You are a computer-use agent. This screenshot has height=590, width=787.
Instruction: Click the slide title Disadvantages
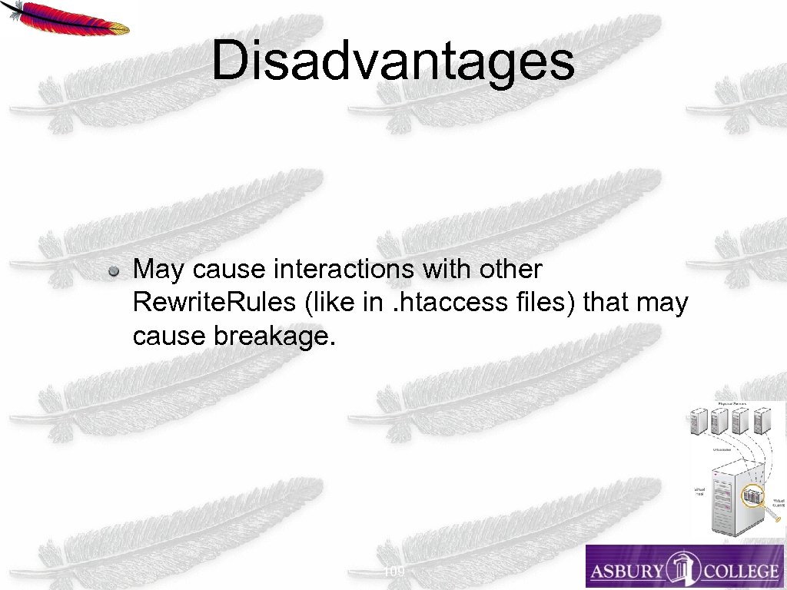pos(393,61)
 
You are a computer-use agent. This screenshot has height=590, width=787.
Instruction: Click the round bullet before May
pos(113,271)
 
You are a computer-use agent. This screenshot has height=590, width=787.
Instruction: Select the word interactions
pos(352,270)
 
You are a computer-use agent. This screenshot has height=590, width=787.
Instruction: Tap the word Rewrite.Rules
pos(214,303)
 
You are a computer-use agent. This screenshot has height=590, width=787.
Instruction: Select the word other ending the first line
pos(510,270)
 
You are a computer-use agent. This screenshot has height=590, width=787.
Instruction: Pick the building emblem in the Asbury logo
pos(681,568)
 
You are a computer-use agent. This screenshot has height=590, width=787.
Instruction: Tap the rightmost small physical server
pos(762,422)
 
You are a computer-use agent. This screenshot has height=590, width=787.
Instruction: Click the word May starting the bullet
pos(159,270)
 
